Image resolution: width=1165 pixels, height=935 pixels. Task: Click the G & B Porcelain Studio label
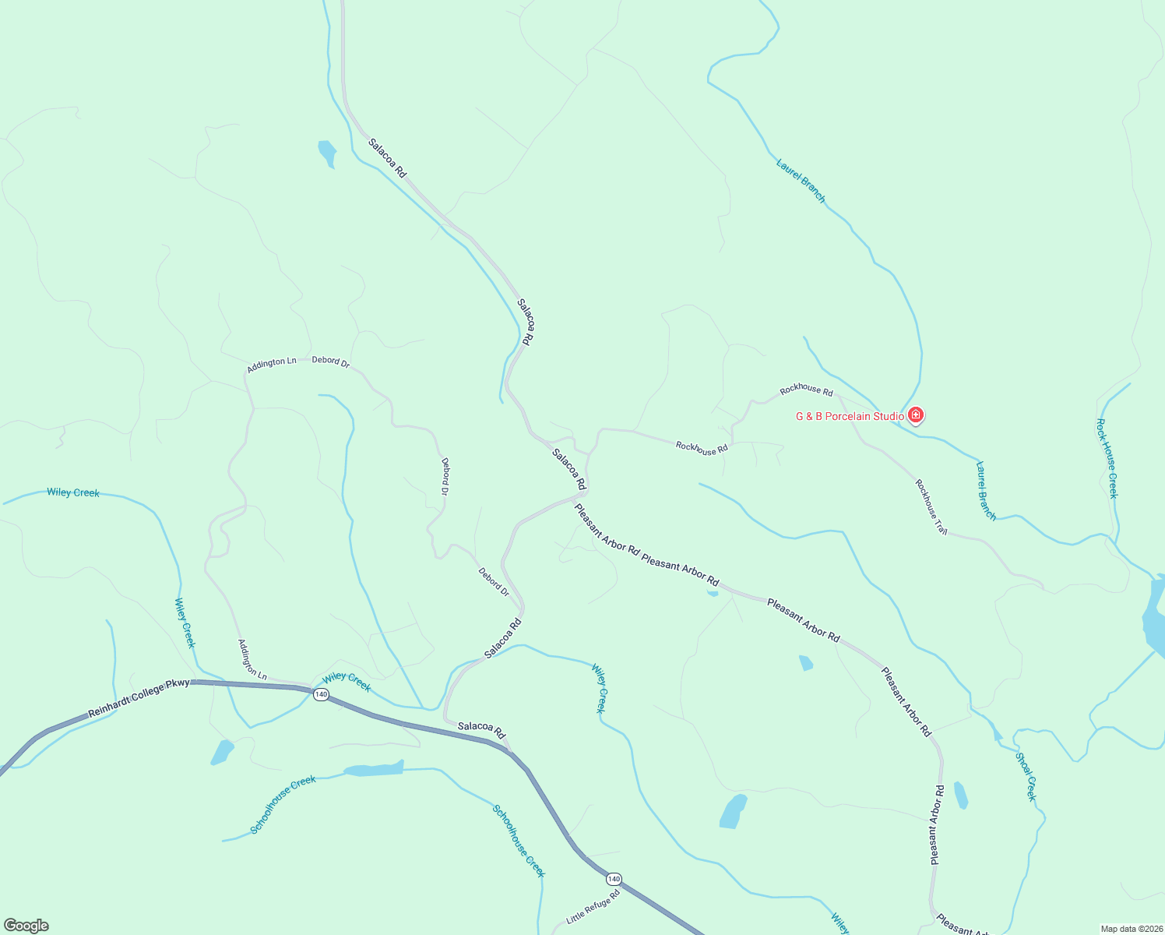click(850, 416)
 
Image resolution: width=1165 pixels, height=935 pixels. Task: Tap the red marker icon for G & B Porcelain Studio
click(916, 415)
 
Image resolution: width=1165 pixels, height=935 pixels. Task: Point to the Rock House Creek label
click(1107, 458)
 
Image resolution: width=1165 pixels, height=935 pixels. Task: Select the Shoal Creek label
click(1026, 776)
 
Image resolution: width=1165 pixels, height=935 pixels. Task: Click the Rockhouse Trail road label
click(931, 506)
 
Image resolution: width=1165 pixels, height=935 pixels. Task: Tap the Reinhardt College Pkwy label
click(139, 697)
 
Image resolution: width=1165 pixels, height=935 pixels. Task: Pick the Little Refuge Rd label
click(593, 907)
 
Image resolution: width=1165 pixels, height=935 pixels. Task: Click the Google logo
click(26, 926)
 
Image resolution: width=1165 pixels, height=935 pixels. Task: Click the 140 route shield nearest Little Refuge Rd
click(614, 879)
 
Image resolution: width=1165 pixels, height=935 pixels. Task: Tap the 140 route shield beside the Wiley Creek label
click(321, 694)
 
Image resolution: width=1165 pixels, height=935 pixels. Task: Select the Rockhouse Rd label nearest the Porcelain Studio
click(806, 390)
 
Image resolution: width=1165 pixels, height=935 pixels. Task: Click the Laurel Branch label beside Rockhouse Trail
click(986, 491)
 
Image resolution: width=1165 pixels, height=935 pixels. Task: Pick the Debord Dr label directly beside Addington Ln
click(331, 362)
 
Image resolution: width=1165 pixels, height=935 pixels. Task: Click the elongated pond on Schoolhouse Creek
click(375, 770)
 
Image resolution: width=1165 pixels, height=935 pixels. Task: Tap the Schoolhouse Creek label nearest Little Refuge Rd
click(518, 841)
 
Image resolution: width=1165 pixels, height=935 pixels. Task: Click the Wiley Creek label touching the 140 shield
click(347, 682)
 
